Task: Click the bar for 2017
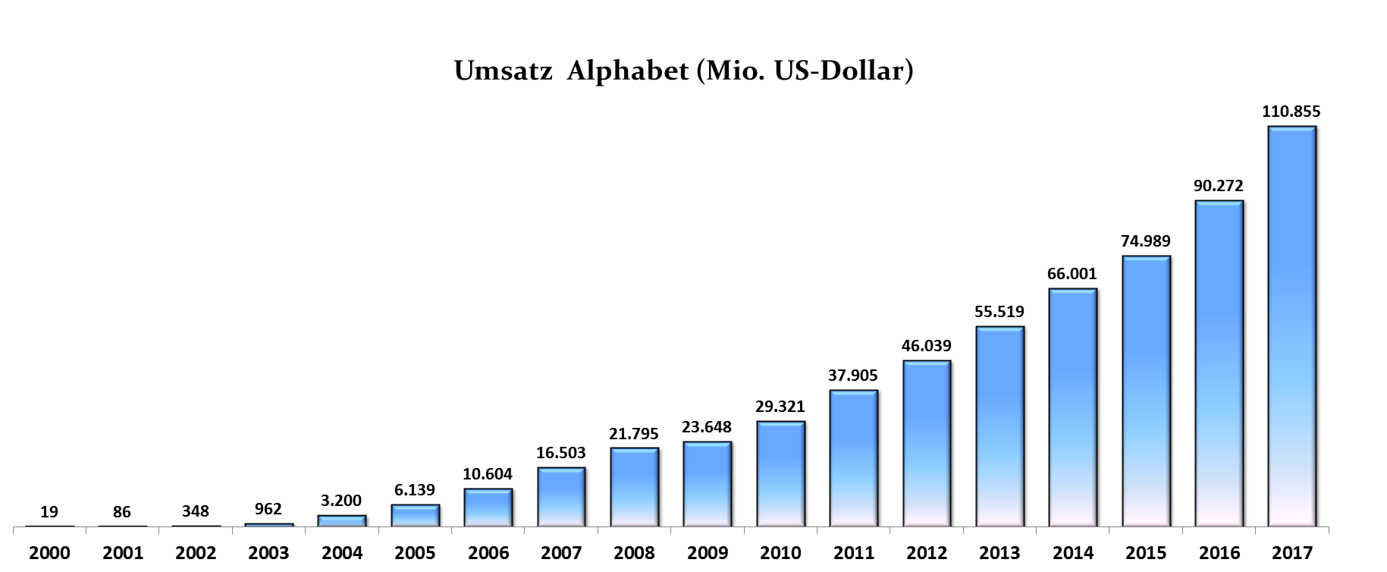1292,326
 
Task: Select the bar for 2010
780,474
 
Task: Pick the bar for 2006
488,508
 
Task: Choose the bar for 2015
1146,391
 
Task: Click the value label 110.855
1291,112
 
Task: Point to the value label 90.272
1219,186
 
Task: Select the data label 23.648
707,427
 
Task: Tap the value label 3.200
341,501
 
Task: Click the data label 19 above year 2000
49,512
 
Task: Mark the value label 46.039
926,346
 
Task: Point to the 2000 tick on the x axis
49,553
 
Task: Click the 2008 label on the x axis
634,553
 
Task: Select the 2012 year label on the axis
927,553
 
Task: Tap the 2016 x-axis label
1219,553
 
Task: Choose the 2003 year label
268,553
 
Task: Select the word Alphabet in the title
628,71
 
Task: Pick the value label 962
268,509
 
